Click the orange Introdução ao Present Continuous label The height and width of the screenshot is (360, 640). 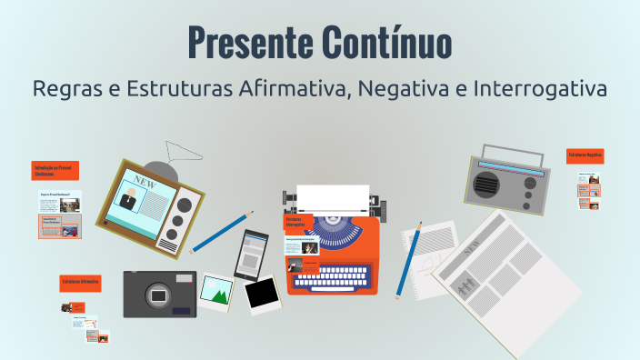pos(55,170)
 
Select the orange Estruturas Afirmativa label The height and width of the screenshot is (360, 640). pos(80,283)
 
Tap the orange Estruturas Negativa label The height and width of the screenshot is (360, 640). pos(585,156)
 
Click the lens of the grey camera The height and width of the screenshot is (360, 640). pos(159,295)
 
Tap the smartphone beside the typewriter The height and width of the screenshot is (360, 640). pos(251,254)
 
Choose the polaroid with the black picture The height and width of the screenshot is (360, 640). pos(262,294)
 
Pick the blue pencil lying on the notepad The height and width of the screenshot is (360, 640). pos(411,260)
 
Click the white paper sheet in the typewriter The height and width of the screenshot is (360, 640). pos(333,197)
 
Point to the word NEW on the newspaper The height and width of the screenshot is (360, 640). pos(472,247)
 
